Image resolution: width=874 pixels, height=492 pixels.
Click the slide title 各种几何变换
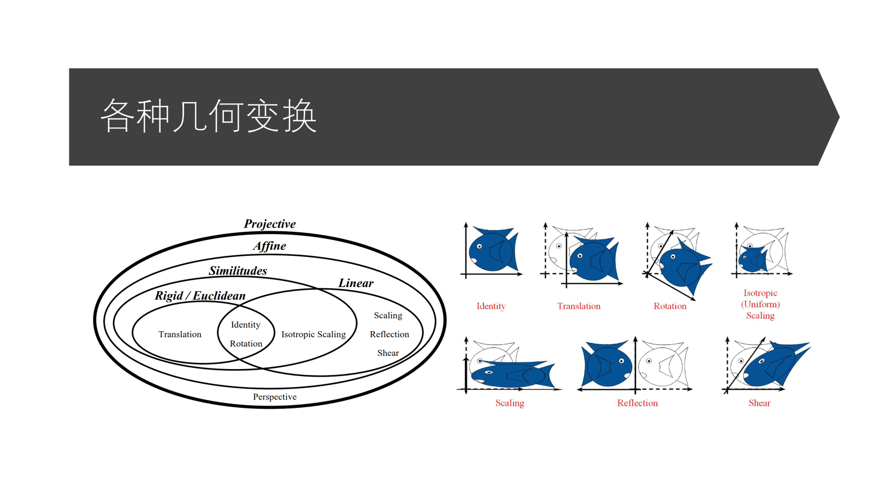click(208, 116)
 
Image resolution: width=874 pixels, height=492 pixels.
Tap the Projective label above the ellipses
click(270, 224)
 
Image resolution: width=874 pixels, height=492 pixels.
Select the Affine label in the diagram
click(269, 246)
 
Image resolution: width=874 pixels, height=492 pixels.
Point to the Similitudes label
click(238, 271)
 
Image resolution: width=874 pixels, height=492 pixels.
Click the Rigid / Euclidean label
click(200, 296)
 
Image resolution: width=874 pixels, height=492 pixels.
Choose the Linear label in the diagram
click(356, 283)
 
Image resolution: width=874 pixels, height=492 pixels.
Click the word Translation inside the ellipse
click(180, 334)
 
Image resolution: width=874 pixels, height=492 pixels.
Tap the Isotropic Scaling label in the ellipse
click(314, 335)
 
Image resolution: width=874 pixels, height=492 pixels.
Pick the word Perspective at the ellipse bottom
click(275, 397)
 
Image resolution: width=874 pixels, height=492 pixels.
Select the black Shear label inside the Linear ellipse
click(388, 353)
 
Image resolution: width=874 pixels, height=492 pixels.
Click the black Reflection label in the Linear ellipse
click(389, 334)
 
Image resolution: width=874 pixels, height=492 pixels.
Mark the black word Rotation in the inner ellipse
click(246, 344)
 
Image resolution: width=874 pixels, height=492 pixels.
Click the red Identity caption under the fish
click(491, 306)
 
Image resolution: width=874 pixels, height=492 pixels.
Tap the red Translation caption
click(578, 306)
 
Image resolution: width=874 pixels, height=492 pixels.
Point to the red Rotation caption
click(670, 306)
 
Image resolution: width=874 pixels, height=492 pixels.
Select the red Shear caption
click(759, 403)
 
